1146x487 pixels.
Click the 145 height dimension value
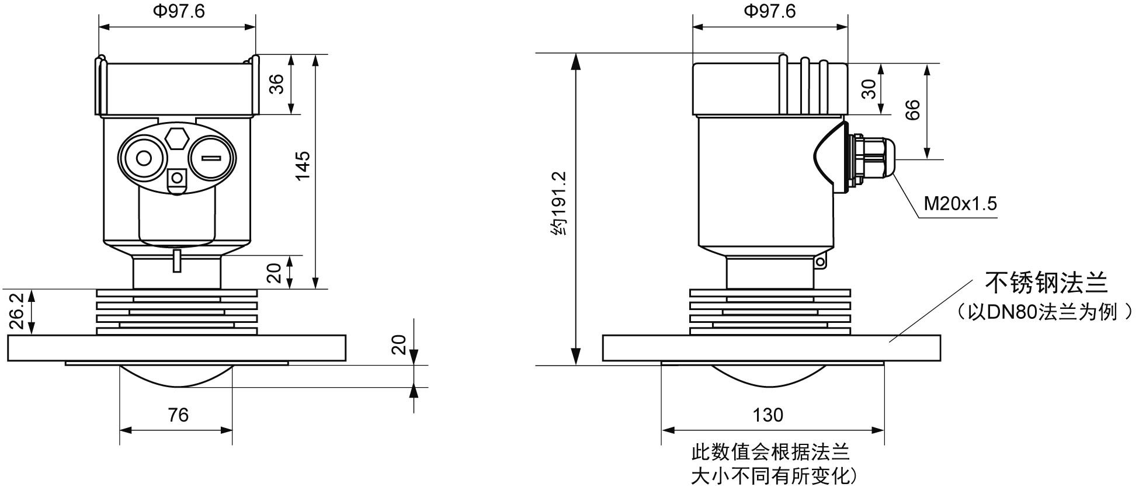coord(303,165)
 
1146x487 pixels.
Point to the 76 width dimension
coord(178,415)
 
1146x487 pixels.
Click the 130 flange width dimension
coord(768,415)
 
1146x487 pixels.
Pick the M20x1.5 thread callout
coord(960,204)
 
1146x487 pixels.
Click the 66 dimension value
coord(912,110)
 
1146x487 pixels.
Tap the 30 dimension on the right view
coord(869,89)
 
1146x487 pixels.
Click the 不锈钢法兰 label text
coord(1046,283)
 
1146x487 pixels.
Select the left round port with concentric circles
coord(143,158)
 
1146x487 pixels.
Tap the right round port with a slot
coord(211,158)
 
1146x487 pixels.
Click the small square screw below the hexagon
coord(176,178)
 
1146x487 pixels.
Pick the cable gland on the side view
coord(870,161)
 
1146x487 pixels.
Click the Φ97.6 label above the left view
coord(179,11)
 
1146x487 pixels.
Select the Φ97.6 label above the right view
coord(769,11)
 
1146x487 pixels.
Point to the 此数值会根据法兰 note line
coord(770,452)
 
